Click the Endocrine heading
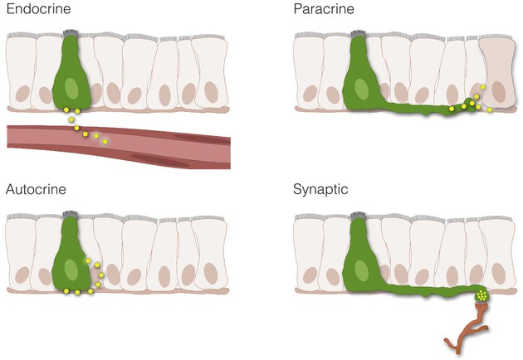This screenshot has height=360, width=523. [x=38, y=8]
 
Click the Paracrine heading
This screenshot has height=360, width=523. [x=324, y=8]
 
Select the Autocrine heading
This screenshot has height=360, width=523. [x=36, y=189]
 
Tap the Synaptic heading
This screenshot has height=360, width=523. [x=320, y=190]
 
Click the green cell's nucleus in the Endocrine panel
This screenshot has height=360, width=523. [x=71, y=88]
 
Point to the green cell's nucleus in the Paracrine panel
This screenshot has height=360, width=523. [x=361, y=89]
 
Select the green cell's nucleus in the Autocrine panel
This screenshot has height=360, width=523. [x=71, y=270]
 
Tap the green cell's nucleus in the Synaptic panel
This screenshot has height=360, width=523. [x=361, y=270]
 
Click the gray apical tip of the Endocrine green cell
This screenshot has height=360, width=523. [x=71, y=33]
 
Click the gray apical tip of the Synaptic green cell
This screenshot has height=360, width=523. [x=359, y=215]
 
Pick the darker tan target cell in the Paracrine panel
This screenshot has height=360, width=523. [x=497, y=73]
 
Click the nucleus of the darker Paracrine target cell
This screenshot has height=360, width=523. [x=498, y=92]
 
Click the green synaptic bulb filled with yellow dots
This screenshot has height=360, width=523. [x=481, y=294]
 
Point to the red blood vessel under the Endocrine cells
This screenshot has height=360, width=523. [x=119, y=147]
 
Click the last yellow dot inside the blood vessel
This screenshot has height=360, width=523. [x=105, y=142]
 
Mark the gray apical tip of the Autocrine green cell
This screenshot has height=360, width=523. [x=70, y=214]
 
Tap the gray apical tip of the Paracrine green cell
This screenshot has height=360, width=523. [x=359, y=34]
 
